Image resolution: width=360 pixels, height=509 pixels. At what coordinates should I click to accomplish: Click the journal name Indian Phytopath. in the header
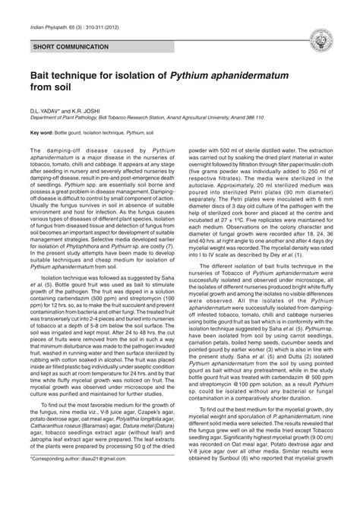coord(42,26)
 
